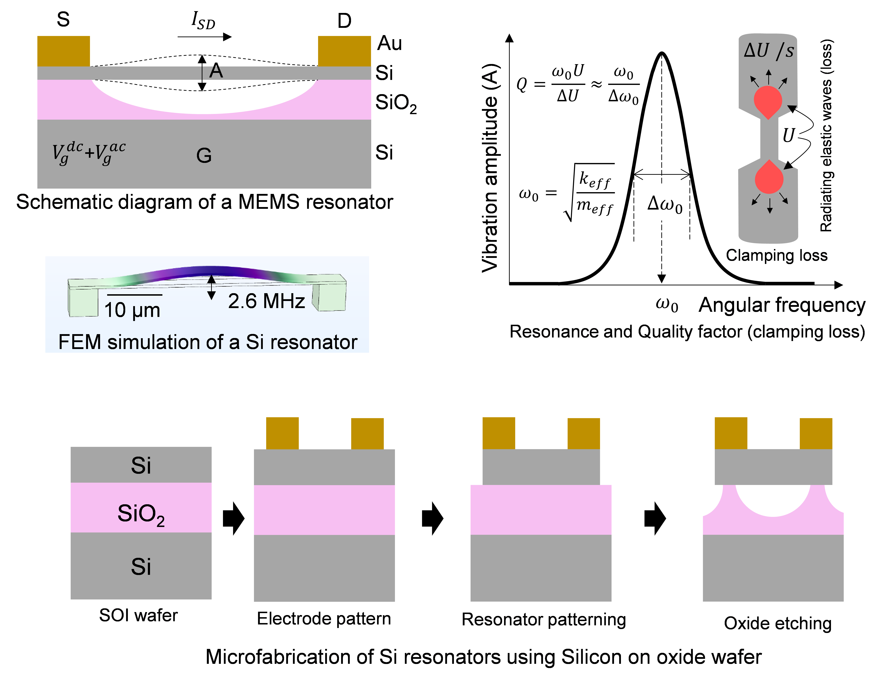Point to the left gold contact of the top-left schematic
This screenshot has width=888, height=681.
[x=64, y=51]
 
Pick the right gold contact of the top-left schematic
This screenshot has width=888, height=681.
[x=344, y=51]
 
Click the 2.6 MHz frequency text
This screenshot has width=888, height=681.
[x=266, y=301]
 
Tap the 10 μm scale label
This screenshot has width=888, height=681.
[x=132, y=310]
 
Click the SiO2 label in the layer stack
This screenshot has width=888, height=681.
[x=141, y=514]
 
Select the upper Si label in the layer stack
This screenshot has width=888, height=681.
[x=141, y=465]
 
